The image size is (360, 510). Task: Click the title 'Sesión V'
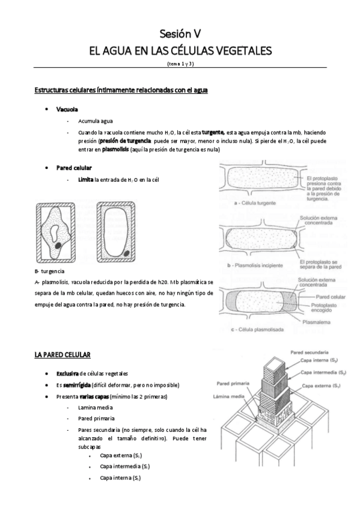(x=180, y=33)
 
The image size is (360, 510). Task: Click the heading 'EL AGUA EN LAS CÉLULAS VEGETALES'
(x=180, y=51)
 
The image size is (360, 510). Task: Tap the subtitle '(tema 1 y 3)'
(x=180, y=63)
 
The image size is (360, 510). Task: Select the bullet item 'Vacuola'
(x=67, y=109)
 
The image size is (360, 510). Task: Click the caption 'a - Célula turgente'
(x=255, y=203)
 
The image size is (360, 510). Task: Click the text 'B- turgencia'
(x=50, y=271)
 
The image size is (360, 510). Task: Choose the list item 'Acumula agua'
(x=95, y=120)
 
